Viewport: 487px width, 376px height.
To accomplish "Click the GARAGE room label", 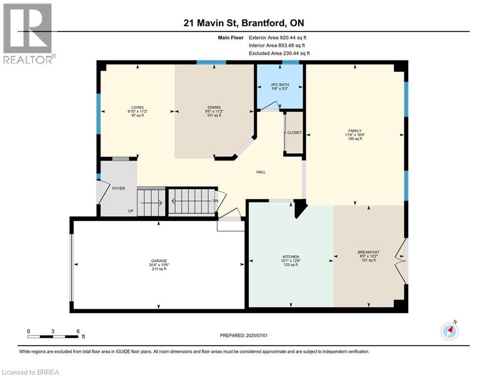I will pos(159,260).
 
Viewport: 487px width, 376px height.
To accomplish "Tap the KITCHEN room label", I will pos(291,257).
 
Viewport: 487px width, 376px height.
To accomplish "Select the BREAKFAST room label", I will pos(369,252).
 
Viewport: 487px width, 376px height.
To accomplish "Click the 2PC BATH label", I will pos(280,85).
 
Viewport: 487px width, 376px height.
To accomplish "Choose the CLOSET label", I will pos(295,133).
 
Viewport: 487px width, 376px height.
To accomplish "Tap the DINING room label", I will pos(214,107).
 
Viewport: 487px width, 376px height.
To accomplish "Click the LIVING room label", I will pos(138,107).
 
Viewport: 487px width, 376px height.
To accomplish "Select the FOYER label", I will pos(119,188).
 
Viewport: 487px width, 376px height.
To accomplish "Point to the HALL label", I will pos(261,172).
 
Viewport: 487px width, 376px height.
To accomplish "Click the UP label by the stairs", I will pos(131,211).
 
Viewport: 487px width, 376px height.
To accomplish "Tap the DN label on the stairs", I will pos(215,201).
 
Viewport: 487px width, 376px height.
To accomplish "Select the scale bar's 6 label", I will pos(78,330).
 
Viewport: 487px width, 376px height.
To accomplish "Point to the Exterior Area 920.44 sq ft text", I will pos(278,37).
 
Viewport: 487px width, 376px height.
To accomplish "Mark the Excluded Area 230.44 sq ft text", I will pos(279,53).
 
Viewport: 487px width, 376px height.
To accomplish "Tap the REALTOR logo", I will pos(28,33).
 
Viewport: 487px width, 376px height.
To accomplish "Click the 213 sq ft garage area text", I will pos(159,269).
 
